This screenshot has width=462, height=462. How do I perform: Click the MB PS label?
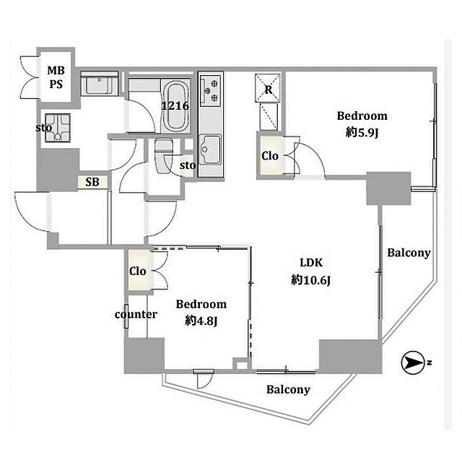(x=56, y=77)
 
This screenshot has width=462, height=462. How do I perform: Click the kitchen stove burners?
(x=210, y=89)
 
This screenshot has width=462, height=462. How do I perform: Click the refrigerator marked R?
(x=269, y=91)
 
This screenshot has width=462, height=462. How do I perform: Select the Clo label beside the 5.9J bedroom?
(x=269, y=157)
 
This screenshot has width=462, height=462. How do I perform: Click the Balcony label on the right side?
(x=409, y=253)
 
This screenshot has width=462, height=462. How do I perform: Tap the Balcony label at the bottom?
(x=288, y=390)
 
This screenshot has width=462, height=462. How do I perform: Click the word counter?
(x=136, y=314)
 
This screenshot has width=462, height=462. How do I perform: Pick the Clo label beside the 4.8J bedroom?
(x=138, y=271)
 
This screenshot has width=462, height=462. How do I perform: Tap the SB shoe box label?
(x=92, y=183)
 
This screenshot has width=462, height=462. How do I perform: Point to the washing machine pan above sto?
(x=56, y=126)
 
